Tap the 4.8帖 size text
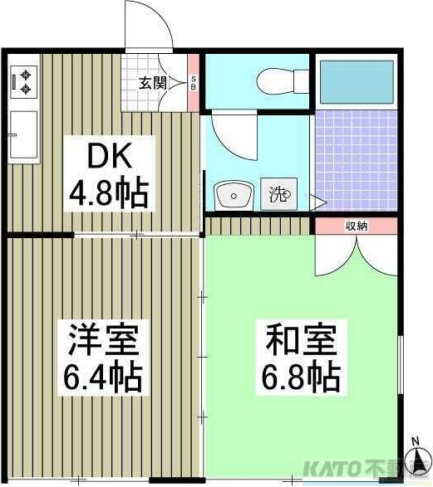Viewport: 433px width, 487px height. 108,194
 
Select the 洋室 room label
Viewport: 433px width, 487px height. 102,339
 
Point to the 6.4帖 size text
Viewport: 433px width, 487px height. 102,377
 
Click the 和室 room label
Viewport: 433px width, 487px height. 300,339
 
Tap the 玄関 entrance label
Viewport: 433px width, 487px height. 153,82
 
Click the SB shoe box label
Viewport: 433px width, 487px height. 194,82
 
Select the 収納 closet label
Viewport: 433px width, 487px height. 357,226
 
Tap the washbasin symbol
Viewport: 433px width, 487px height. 234,196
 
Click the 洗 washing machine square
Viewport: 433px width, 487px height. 278,195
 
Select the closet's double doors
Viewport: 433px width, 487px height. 357,253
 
